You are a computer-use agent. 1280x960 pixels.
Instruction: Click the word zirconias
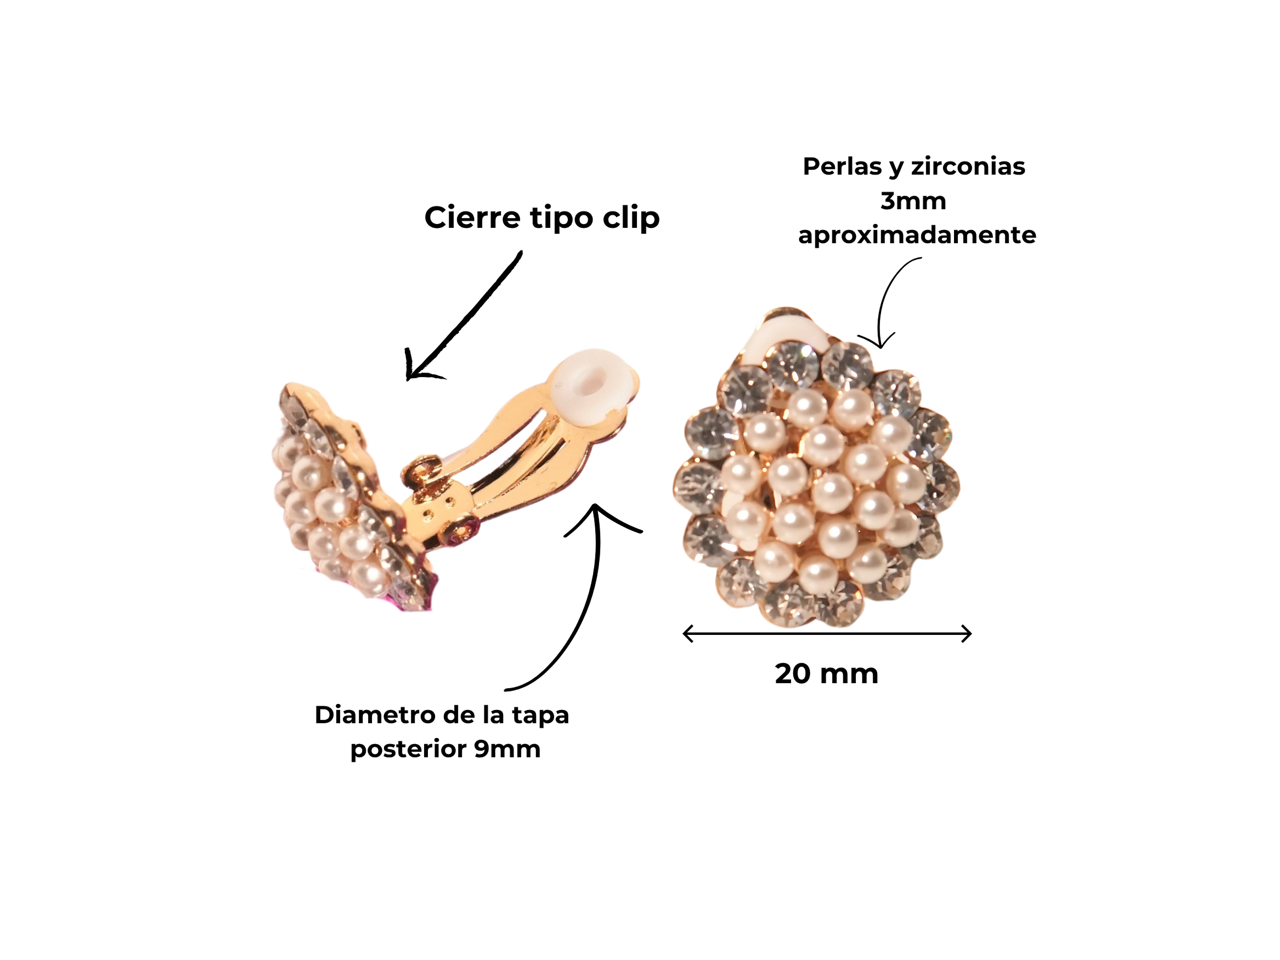tap(968, 167)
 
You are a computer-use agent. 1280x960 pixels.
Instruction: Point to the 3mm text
tap(913, 201)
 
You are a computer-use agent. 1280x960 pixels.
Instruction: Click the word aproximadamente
tap(916, 235)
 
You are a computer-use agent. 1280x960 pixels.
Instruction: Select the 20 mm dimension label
tap(826, 674)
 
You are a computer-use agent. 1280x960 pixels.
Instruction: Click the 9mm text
tap(507, 749)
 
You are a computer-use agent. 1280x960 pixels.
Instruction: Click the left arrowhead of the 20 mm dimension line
tap(686, 634)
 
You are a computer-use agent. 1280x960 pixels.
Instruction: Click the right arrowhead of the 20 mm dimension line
tap(968, 634)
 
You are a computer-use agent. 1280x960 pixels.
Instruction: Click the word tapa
tap(541, 715)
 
